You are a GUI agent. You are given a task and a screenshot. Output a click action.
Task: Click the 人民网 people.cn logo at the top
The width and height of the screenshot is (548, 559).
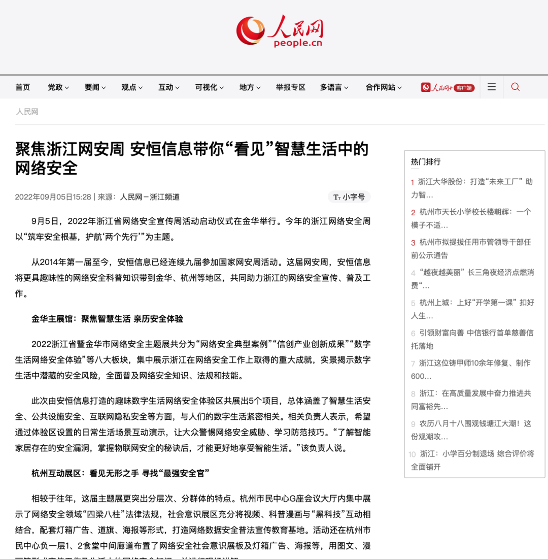(x=280, y=31)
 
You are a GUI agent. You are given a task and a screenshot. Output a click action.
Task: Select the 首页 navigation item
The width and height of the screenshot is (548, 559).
(x=23, y=87)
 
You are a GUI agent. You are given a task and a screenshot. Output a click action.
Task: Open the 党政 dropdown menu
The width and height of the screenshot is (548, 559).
(x=58, y=87)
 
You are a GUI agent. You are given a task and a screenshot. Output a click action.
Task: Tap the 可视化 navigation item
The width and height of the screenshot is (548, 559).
(x=209, y=87)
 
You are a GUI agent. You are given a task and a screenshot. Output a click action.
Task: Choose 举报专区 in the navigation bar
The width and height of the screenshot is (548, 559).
(x=291, y=87)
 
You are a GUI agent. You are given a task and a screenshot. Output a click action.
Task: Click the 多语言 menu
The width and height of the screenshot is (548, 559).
(x=334, y=87)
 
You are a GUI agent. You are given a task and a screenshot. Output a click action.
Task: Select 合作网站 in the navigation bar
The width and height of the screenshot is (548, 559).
(x=383, y=87)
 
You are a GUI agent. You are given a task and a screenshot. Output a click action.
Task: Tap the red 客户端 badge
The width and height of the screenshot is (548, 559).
(x=464, y=88)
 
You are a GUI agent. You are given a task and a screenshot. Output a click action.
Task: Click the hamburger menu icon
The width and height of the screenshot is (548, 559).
(x=492, y=87)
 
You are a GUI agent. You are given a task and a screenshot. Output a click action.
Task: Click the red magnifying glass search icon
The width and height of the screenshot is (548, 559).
(x=516, y=87)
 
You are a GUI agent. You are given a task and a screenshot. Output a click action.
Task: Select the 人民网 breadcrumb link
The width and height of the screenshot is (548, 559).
(x=27, y=112)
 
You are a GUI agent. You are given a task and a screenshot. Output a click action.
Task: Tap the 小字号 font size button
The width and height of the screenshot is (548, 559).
(x=349, y=197)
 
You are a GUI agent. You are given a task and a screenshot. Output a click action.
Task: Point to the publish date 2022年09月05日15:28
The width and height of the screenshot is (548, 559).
(x=53, y=197)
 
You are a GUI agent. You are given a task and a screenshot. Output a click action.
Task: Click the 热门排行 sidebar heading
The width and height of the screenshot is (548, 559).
(x=426, y=162)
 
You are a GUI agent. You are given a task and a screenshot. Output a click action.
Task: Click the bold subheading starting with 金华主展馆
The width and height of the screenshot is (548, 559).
(x=107, y=319)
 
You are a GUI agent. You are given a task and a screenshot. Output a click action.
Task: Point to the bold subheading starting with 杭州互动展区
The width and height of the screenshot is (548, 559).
(x=120, y=473)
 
